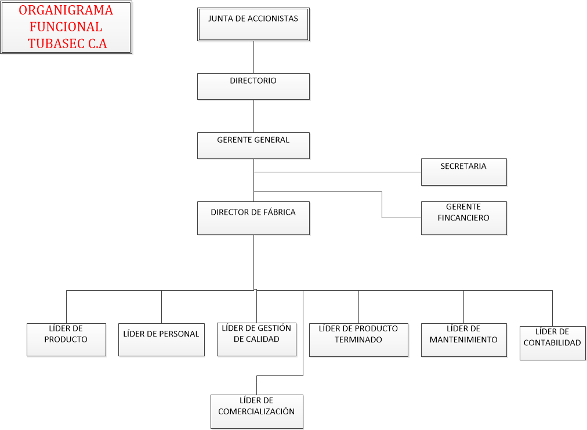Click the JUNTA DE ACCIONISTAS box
[253, 24]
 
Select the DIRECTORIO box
[253, 86]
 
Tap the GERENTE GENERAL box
[253, 146]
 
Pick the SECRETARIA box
[463, 172]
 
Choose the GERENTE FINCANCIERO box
[463, 218]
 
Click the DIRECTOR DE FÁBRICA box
[253, 218]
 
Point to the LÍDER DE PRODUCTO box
[66, 339]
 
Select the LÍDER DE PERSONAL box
[161, 339]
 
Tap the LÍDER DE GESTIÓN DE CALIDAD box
[256, 339]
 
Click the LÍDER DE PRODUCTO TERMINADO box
[358, 339]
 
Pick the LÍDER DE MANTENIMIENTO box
[463, 339]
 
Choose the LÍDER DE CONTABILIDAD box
[552, 343]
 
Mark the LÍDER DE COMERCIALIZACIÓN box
[256, 411]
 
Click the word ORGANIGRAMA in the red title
[66, 10]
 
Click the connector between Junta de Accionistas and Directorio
[253, 57]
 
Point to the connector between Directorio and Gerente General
[253, 116]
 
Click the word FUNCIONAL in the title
[66, 27]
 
